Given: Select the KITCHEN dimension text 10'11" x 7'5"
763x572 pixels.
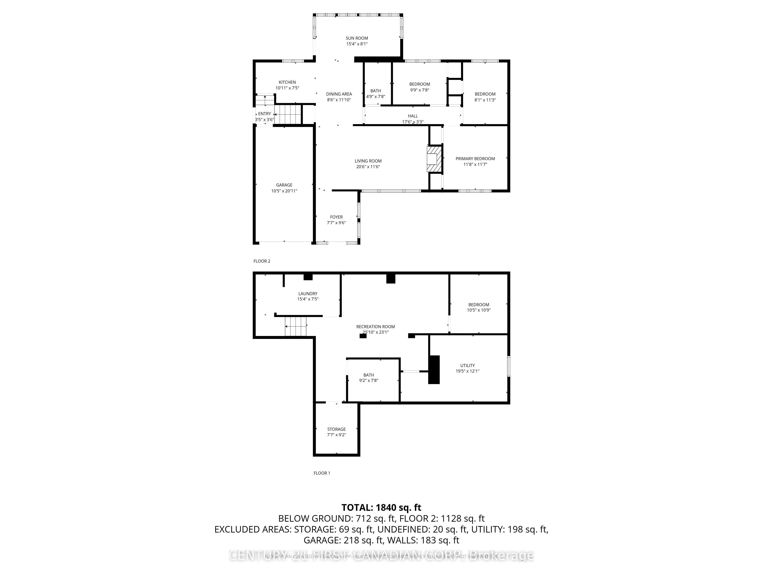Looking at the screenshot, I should point(287,88).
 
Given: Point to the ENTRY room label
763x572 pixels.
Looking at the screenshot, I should point(265,114).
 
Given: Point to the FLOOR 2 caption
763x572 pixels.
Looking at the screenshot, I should point(262,261).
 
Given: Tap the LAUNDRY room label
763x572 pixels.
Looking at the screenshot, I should point(308,294).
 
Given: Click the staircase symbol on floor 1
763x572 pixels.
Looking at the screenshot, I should point(296,326).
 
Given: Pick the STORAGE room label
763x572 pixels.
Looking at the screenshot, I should point(336,429).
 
